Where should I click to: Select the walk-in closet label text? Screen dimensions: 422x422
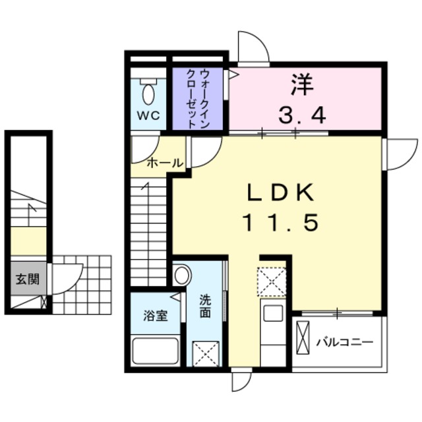197,98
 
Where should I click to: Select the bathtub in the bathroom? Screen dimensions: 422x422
156,350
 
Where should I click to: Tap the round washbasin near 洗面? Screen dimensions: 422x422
182,273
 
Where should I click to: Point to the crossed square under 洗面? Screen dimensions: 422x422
206,353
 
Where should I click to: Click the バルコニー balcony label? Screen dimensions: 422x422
344,342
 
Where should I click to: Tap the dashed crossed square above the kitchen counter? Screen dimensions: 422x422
272,280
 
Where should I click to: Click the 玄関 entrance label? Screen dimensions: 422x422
27,278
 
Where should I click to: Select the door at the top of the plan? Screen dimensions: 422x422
253,47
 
